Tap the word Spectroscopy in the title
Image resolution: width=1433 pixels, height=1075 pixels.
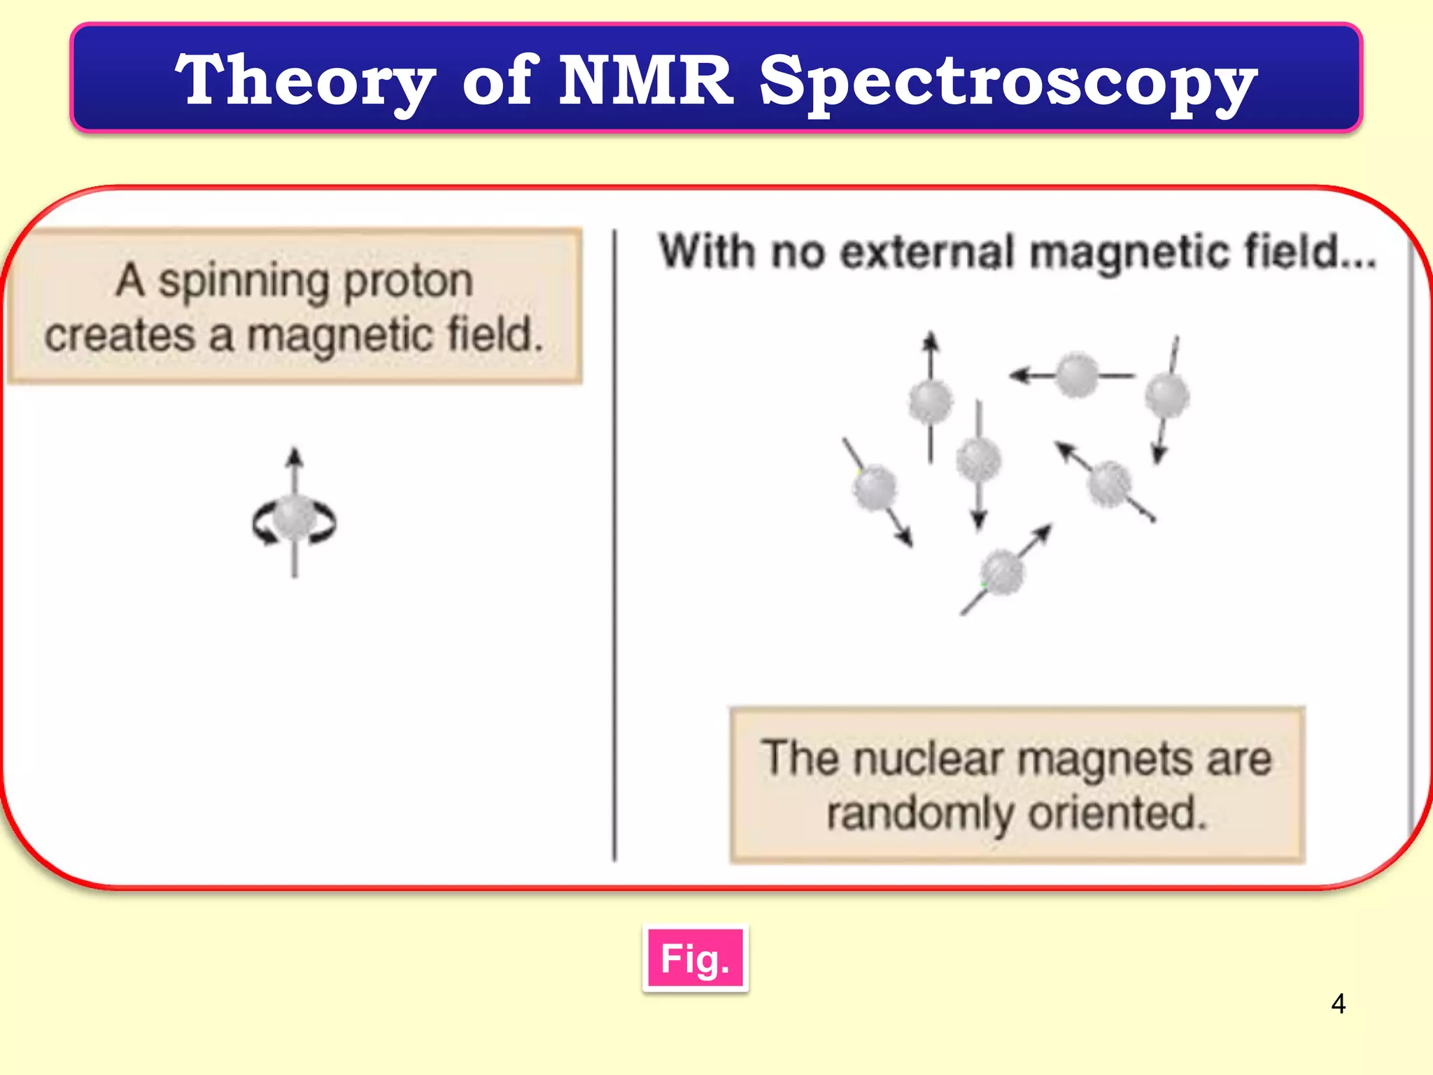point(1008,83)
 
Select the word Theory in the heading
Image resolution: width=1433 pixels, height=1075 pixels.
point(305,83)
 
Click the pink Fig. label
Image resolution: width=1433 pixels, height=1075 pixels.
point(695,959)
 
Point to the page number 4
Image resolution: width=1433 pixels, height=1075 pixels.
point(1338,1004)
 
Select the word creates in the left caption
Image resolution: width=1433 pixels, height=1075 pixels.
point(120,335)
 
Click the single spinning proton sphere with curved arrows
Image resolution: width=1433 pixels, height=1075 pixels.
point(295,519)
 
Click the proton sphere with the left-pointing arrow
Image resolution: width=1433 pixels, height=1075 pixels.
point(1076,376)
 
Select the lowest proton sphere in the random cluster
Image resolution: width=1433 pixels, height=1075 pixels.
point(1003,572)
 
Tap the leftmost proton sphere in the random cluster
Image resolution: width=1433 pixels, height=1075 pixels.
point(875,487)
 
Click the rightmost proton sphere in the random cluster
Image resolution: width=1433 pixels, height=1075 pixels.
point(1166,396)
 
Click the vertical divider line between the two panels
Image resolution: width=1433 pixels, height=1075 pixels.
point(614,546)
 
